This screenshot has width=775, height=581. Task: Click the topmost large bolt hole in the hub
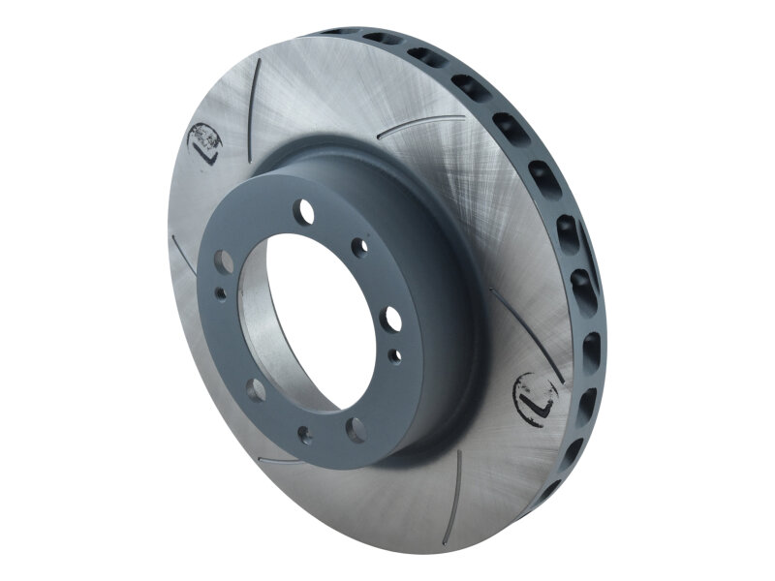click(x=307, y=210)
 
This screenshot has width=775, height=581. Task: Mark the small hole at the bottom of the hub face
click(x=304, y=434)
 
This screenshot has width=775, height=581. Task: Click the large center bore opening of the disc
click(x=310, y=310)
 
